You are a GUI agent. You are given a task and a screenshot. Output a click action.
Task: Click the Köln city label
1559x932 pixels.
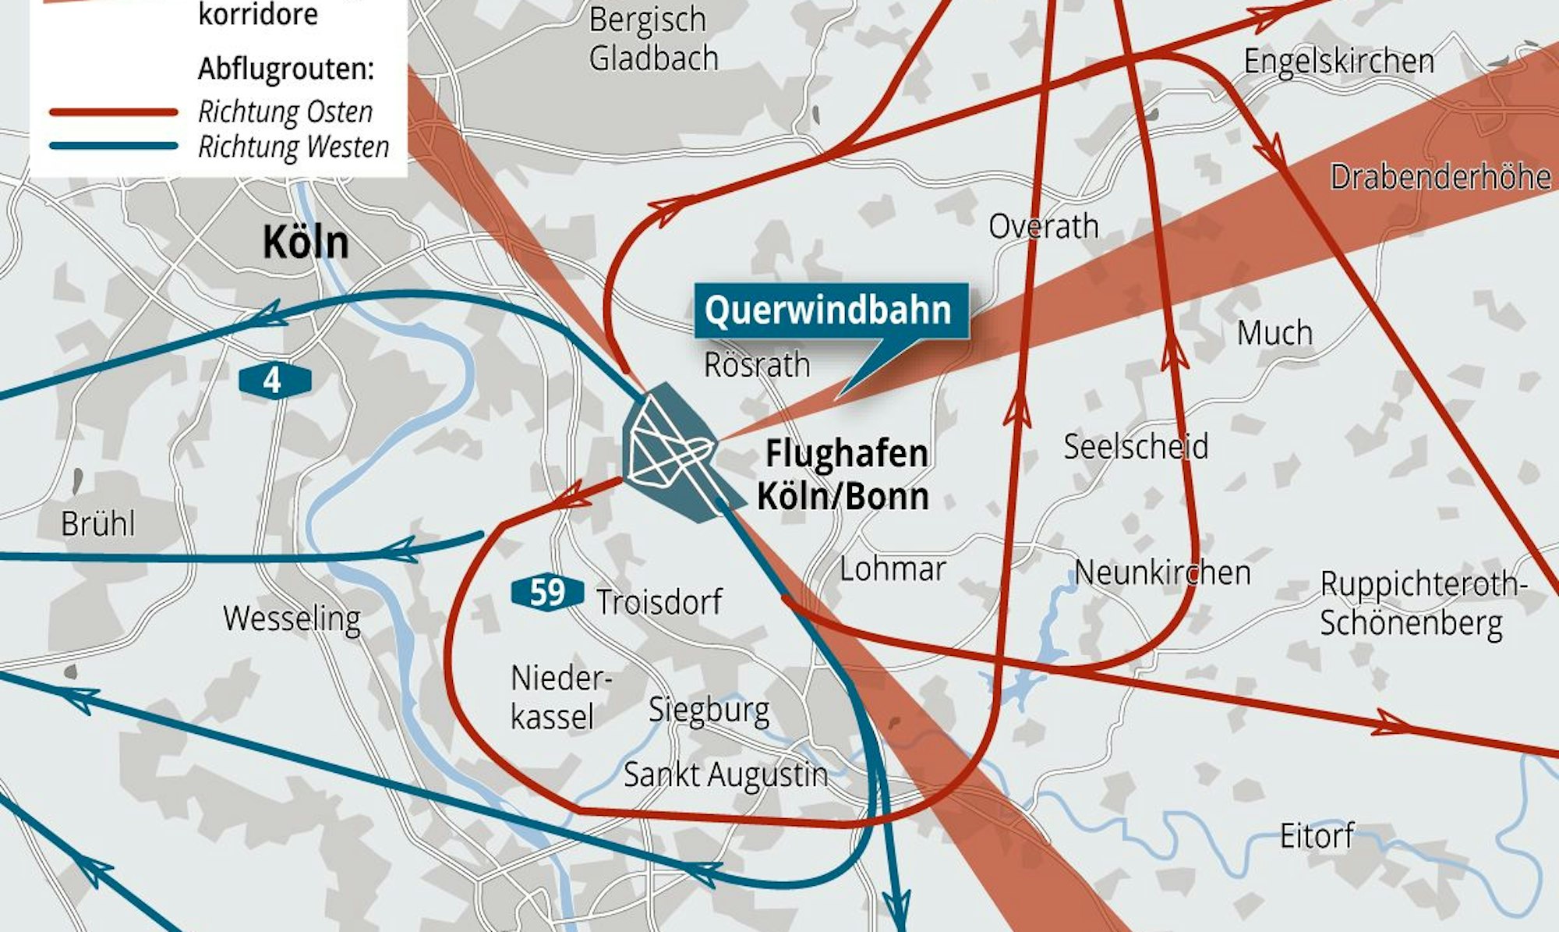pos(305,242)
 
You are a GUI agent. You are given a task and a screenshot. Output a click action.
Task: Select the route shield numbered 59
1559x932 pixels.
pos(547,593)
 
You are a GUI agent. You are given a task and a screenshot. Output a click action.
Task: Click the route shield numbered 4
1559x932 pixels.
pos(274,381)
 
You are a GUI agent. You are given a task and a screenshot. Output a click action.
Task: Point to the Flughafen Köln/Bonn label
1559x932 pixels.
pos(845,474)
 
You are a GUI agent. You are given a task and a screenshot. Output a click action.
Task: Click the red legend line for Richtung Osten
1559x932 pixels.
pos(114,112)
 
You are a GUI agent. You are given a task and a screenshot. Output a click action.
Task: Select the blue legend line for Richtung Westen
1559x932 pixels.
pos(114,146)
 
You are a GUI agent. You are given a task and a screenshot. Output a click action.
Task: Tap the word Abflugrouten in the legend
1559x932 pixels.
pos(286,69)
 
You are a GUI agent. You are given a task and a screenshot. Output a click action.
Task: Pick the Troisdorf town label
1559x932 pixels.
pos(659,602)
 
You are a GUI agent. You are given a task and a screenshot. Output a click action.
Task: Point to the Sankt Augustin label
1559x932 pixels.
pos(725,774)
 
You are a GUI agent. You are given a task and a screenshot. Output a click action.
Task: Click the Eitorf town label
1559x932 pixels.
pos(1317,836)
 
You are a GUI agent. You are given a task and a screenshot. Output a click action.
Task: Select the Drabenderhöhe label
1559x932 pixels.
pos(1440,177)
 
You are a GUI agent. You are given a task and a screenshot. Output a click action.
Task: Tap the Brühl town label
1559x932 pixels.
pos(98,523)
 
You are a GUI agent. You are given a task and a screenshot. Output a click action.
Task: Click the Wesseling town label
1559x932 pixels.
pos(292,618)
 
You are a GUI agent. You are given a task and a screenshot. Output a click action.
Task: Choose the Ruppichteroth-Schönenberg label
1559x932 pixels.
pos(1421,604)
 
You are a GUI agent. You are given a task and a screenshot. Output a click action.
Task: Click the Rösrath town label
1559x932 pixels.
pos(757,365)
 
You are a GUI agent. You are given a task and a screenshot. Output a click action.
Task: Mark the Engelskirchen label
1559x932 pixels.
pos(1338,61)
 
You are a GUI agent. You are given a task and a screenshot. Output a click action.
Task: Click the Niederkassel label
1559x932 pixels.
pos(559,697)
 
